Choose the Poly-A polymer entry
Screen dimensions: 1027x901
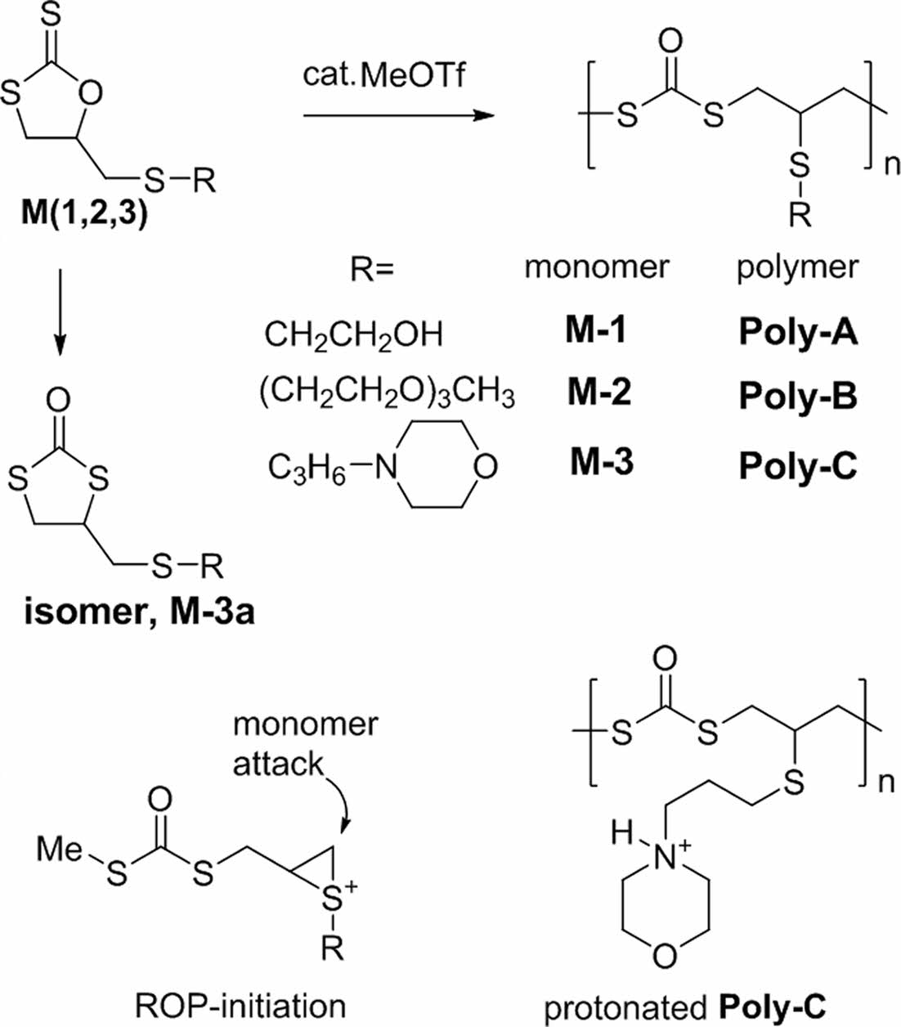(798, 334)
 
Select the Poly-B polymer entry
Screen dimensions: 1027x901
(798, 397)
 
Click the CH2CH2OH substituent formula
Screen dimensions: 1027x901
(353, 334)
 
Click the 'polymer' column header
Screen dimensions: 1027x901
(797, 267)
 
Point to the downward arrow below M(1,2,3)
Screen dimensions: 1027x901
(62, 307)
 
